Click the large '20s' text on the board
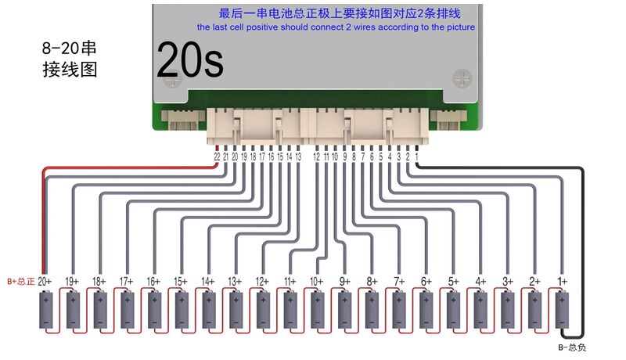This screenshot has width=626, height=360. (x=190, y=60)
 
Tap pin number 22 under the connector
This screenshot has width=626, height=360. (x=217, y=157)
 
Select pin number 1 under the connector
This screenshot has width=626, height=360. (x=416, y=157)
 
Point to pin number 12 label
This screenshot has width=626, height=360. (x=317, y=157)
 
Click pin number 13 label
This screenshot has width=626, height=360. (x=298, y=157)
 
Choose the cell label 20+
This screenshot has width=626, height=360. (x=45, y=282)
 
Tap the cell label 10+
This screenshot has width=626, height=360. (x=317, y=282)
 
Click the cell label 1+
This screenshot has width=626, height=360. (x=562, y=282)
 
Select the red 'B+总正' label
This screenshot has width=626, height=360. (x=21, y=282)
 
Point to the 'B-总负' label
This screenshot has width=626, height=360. (x=572, y=347)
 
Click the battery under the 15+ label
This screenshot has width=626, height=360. (x=182, y=310)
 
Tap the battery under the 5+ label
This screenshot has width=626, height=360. (x=454, y=310)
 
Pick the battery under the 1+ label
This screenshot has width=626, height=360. (x=562, y=310)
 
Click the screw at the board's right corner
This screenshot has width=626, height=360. (x=462, y=78)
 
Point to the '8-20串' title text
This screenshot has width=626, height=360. (x=69, y=49)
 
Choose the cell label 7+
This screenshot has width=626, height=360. (x=399, y=282)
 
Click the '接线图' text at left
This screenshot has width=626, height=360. (x=70, y=69)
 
